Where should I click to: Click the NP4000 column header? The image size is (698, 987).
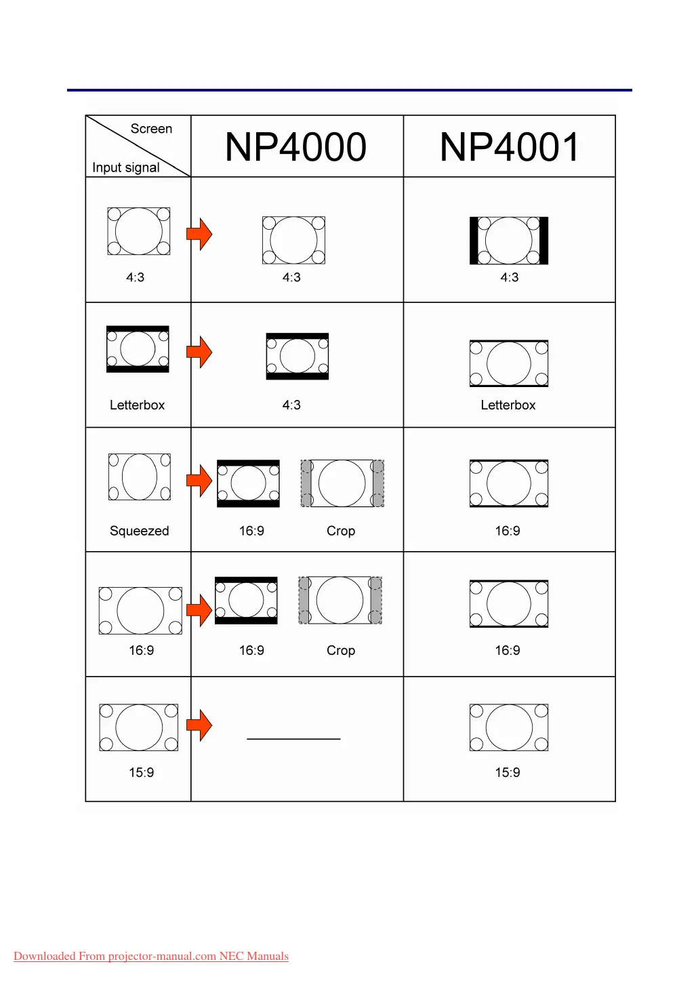click(295, 147)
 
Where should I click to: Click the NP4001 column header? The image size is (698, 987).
click(510, 147)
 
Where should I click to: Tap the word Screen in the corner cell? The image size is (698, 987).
click(151, 129)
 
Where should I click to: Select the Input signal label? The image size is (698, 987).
click(126, 167)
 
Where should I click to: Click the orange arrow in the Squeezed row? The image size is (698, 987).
click(199, 481)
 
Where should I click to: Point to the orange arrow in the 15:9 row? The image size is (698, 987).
click(199, 725)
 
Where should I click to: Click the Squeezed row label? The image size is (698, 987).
click(139, 531)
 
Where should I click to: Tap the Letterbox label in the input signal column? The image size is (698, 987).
click(137, 405)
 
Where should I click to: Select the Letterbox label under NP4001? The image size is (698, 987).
click(508, 405)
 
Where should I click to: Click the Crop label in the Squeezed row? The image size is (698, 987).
click(340, 531)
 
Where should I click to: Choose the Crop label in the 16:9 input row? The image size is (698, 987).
click(340, 650)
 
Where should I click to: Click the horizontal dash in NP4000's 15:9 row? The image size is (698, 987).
click(293, 738)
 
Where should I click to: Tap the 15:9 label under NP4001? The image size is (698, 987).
click(507, 772)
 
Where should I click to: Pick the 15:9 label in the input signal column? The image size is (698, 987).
click(141, 772)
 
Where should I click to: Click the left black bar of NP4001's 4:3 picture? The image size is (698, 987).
click(474, 241)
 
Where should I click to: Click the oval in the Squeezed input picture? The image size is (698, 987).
click(140, 477)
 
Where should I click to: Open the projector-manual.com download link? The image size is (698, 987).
click(151, 956)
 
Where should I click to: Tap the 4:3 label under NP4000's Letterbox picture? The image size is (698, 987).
click(291, 405)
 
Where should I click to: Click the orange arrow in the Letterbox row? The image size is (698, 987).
click(199, 352)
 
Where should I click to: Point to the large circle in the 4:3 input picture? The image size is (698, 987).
click(138, 231)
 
